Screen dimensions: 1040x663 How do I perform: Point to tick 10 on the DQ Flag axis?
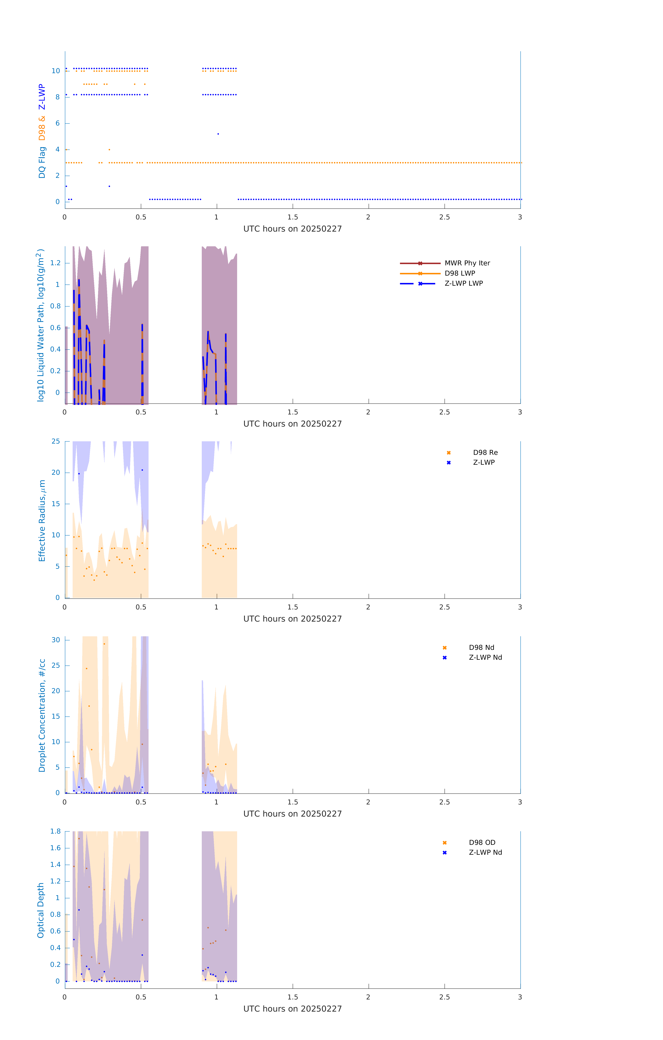[x=56, y=71]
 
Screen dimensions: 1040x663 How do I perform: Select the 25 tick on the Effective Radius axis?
[x=56, y=441]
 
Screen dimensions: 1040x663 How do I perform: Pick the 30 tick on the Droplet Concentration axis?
[x=56, y=640]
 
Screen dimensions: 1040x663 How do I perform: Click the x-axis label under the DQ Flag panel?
[x=292, y=229]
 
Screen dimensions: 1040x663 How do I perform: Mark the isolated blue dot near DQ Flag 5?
[x=218, y=134]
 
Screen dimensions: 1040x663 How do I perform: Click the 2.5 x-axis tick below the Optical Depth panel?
[x=444, y=997]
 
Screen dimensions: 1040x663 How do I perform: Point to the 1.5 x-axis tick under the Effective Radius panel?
[x=293, y=607]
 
